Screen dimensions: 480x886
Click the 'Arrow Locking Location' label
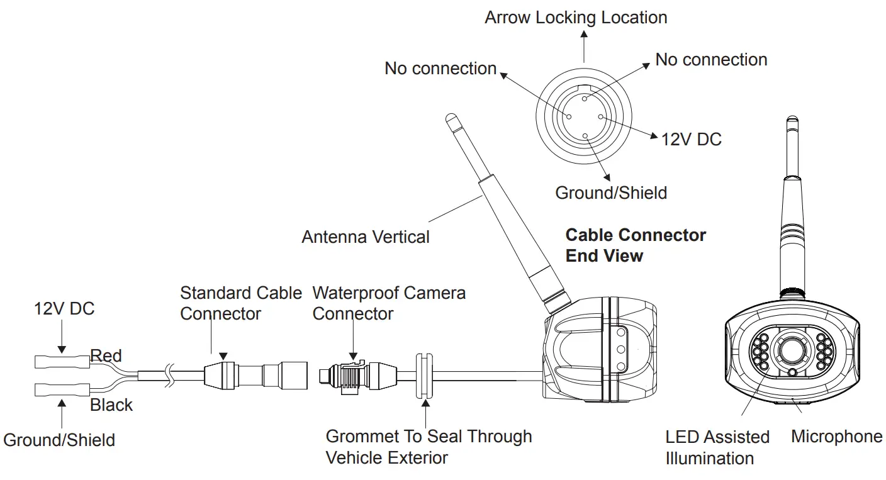pos(575,17)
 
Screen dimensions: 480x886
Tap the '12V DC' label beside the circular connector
pos(691,139)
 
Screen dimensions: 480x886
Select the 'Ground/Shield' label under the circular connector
pos(610,192)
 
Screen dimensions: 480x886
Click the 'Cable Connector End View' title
pos(635,245)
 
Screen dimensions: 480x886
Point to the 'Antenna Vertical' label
pos(365,237)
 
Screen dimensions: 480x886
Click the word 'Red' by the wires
pos(106,356)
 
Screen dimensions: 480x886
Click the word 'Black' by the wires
pos(111,405)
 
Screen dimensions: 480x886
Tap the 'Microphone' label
pos(836,436)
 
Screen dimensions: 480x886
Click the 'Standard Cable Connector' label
pos(240,303)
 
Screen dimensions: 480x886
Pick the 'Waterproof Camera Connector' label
pos(388,303)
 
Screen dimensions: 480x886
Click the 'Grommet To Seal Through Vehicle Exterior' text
pos(428,447)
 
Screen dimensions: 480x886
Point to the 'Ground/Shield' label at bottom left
pos(59,439)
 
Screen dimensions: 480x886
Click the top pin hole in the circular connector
pos(585,98)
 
